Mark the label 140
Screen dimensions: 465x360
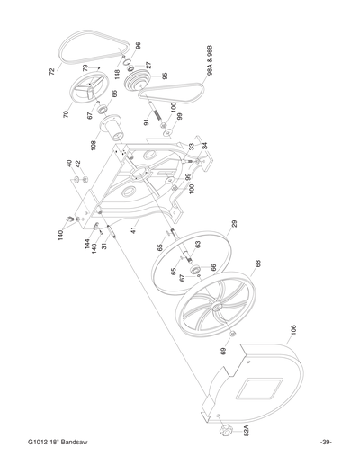(60, 233)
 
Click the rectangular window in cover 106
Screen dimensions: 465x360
(249, 392)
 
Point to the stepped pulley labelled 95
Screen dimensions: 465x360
(140, 83)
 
